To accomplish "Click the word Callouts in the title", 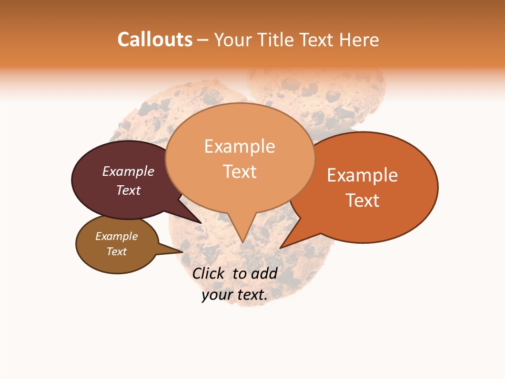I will [x=155, y=39].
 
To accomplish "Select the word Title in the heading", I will [x=276, y=39].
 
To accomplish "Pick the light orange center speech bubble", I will [x=239, y=195].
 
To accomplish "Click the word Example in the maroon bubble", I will [x=128, y=171].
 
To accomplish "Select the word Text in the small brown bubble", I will [x=116, y=252].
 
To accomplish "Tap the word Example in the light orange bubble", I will [x=239, y=146].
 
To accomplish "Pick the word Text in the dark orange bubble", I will [x=362, y=201].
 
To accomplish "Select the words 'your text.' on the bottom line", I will [x=235, y=295].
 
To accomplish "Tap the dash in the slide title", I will [x=203, y=40].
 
